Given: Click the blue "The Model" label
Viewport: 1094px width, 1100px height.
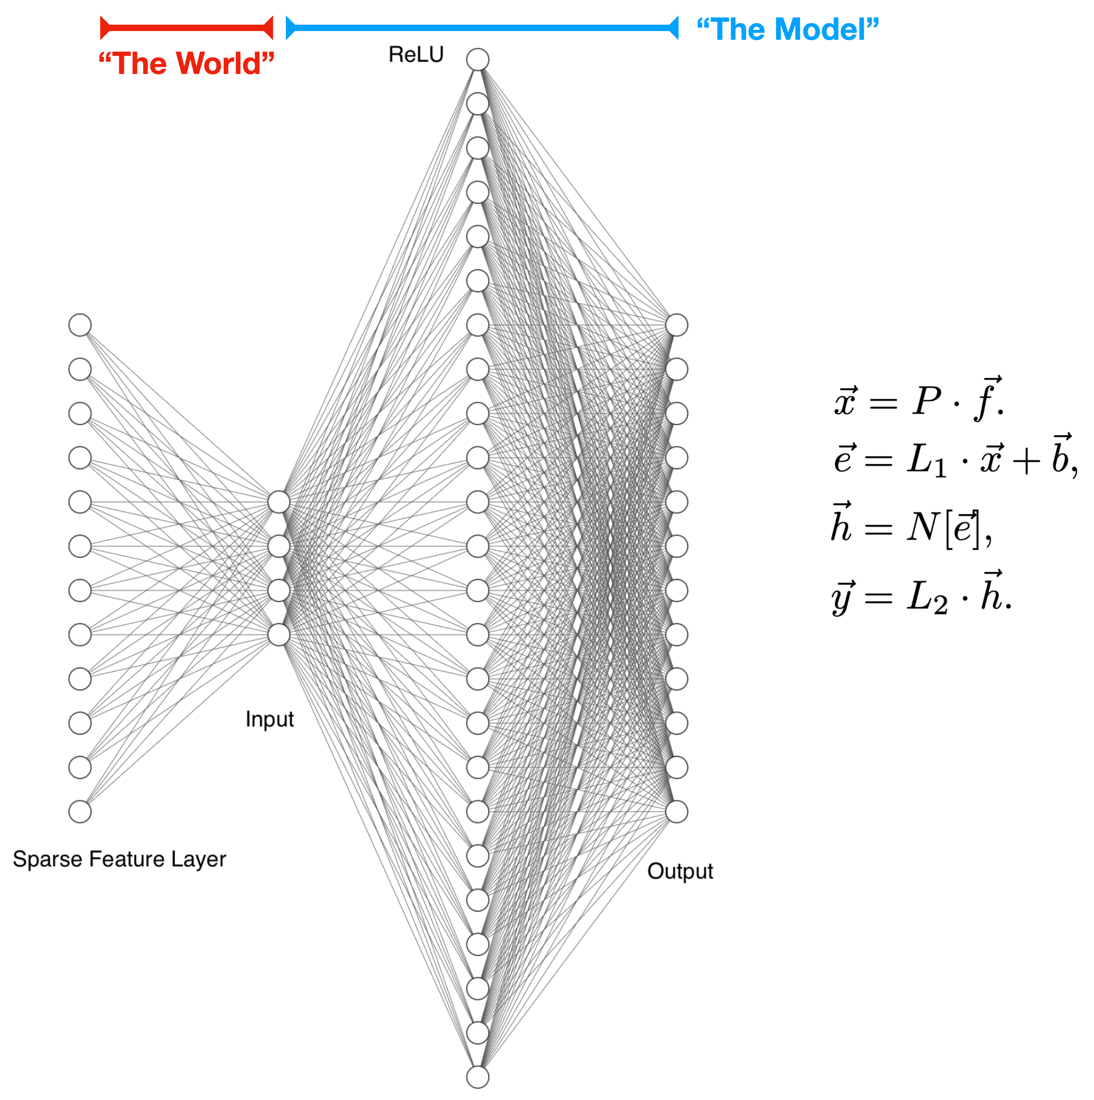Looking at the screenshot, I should pos(787,29).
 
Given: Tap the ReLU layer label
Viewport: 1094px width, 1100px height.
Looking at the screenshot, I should pos(415,54).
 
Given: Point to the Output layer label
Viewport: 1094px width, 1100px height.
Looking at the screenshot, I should pos(680,871).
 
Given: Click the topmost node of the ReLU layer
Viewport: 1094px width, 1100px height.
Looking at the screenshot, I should pos(477,60).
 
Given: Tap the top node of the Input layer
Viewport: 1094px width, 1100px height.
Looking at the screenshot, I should pos(279,502).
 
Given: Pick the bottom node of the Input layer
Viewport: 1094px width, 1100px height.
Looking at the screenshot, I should pos(279,634).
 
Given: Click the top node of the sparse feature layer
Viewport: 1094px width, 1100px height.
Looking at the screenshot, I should pos(80,325).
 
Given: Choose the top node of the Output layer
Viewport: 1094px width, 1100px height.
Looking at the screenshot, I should pos(677,325).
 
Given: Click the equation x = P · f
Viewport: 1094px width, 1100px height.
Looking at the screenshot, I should pos(917,400).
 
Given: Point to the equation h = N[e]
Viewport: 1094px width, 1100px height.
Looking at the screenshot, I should pos(911,526).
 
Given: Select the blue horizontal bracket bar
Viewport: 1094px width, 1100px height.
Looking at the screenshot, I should pos(481,28).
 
